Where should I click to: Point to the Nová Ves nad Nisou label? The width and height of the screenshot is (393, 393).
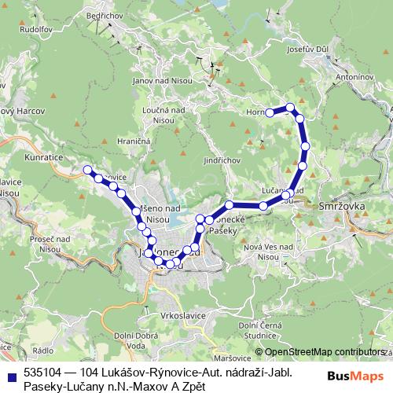270,252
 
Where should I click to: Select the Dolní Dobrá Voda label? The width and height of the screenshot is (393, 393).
130,340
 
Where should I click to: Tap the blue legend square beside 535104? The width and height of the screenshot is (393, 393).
11,375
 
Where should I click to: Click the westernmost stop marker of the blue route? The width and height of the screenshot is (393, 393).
88,170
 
